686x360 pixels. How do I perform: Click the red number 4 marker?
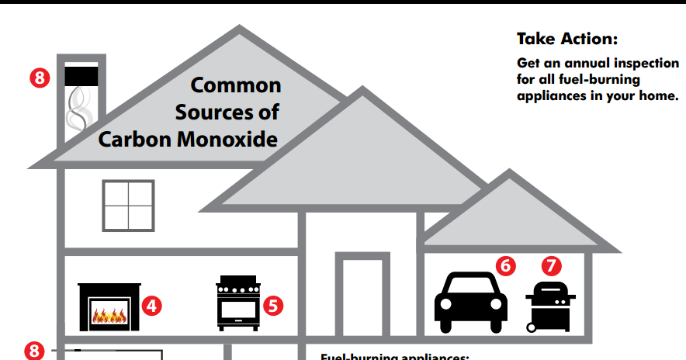tap(152, 306)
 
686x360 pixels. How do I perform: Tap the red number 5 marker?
tap(272, 305)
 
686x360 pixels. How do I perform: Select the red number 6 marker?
tap(505, 265)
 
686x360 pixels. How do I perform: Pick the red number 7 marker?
tap(552, 265)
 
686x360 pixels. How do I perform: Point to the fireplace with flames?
tap(109, 307)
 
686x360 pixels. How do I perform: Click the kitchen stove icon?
tap(237, 303)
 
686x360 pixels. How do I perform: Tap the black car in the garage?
tap(471, 302)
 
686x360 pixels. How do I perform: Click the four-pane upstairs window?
tap(129, 206)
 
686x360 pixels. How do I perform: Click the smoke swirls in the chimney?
tap(79, 109)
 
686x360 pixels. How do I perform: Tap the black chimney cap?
tap(81, 76)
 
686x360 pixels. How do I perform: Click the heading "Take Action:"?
tap(566, 39)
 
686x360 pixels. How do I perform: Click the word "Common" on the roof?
tap(236, 83)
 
